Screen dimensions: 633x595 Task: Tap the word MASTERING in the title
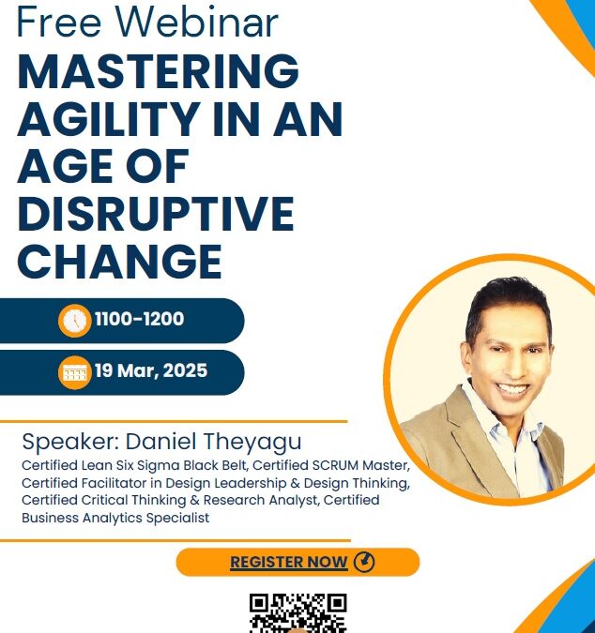point(159,72)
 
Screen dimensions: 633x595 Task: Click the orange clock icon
point(74,321)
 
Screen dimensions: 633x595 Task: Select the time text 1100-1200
point(139,320)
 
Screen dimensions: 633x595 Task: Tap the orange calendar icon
point(74,371)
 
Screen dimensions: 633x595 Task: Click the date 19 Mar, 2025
point(151,370)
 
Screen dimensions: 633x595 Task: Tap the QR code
point(297,613)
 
